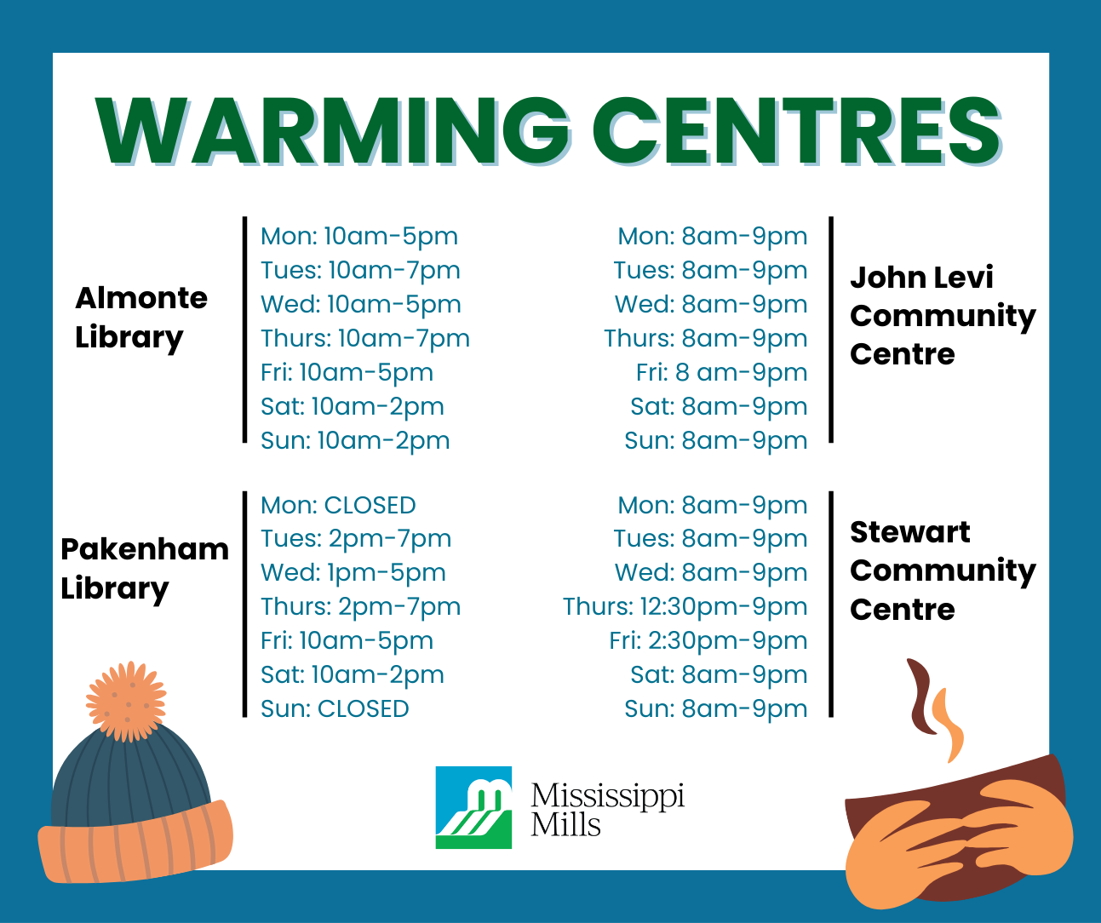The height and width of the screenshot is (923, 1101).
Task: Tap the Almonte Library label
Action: coord(140,317)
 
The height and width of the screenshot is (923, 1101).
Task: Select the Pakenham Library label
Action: coord(144,568)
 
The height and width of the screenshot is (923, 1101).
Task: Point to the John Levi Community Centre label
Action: coord(942,315)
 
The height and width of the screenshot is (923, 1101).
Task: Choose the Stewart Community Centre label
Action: coord(942,570)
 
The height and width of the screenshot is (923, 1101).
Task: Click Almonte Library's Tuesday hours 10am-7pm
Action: coord(360,271)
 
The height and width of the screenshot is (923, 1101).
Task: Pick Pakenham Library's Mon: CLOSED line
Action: coord(338,505)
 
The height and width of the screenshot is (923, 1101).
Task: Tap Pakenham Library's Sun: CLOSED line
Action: coord(335,708)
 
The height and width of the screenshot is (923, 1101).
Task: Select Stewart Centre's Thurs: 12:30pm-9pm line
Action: coord(685,606)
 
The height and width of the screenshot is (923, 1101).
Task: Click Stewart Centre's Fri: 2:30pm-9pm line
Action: coord(708,640)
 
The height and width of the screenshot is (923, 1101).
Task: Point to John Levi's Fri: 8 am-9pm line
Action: coord(721,372)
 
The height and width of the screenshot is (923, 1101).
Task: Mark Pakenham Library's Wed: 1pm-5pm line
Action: coord(353,572)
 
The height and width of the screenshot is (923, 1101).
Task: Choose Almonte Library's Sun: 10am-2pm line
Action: coord(355,440)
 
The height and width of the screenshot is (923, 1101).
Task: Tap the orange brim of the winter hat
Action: coord(136,843)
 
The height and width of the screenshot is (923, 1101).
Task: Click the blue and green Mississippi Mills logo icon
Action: coord(473,807)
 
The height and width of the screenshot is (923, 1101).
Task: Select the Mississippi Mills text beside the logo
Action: coord(607,809)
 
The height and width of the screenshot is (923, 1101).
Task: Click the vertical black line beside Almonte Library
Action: coord(245,330)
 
